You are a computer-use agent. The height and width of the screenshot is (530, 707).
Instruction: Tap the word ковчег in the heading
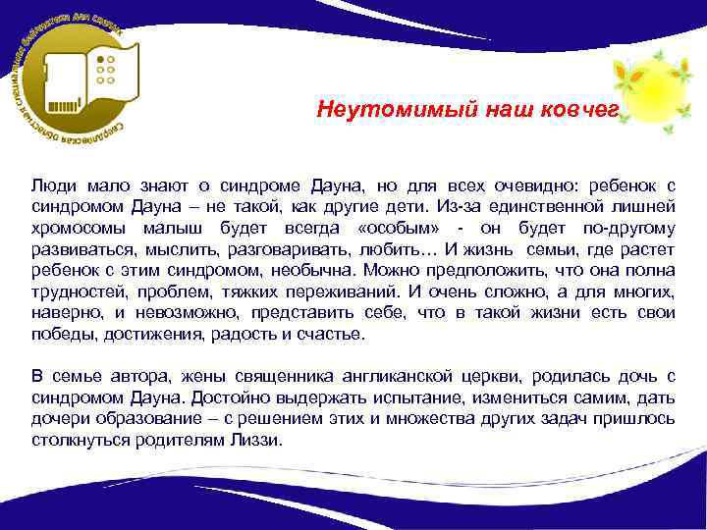580,110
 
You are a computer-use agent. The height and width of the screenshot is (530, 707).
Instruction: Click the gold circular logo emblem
77,79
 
